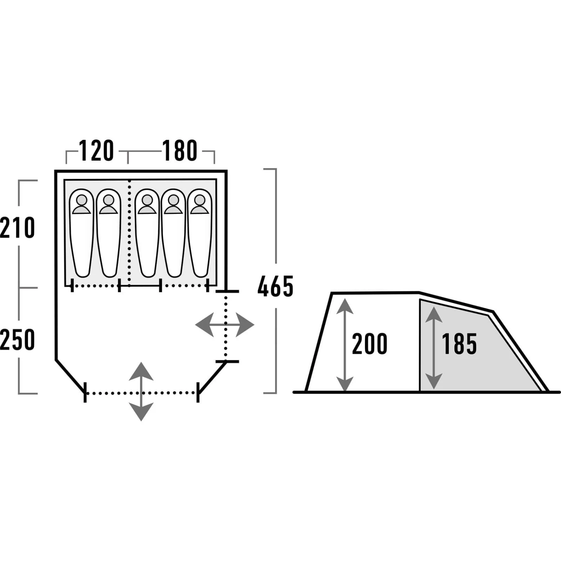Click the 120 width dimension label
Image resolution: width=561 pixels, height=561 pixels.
[x=96, y=151]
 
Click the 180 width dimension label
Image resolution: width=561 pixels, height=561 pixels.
[x=180, y=151]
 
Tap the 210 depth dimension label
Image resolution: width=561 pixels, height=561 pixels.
[x=17, y=228]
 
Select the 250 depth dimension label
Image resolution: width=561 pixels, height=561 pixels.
[x=17, y=340]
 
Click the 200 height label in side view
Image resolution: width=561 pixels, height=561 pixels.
[x=370, y=344]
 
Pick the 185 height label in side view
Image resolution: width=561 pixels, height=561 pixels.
[x=459, y=344]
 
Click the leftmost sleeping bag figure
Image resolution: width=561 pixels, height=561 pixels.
[x=82, y=233]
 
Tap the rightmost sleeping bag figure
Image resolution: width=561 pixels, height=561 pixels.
[x=200, y=233]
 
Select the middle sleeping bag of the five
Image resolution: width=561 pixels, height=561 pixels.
[x=147, y=233]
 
